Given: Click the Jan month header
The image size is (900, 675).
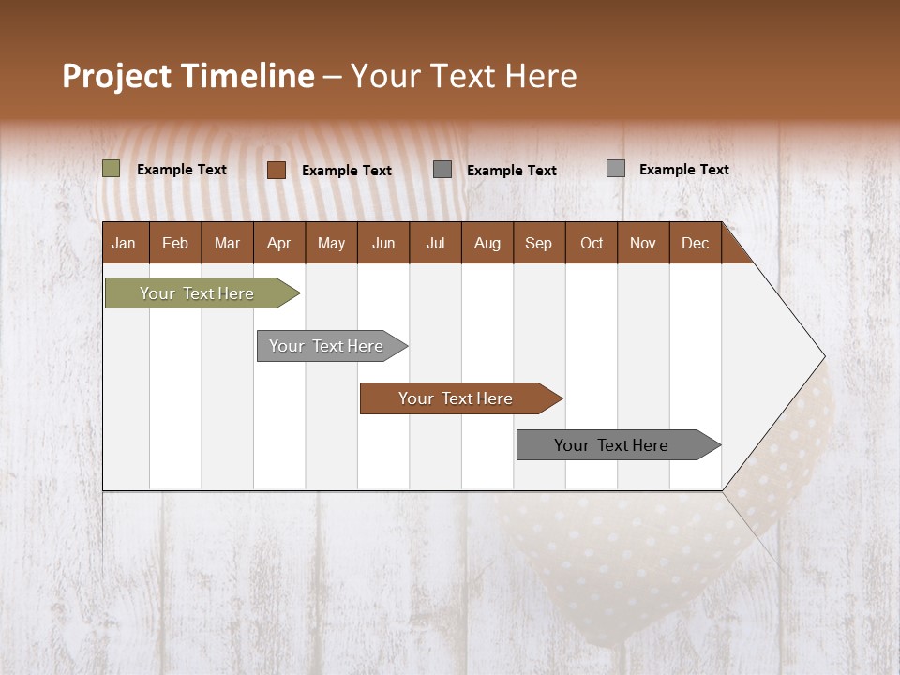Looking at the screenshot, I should [x=125, y=243].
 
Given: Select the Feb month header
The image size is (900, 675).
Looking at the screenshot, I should [x=175, y=243].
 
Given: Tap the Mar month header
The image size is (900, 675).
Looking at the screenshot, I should [x=227, y=243].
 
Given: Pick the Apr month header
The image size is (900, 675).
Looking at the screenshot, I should [x=279, y=243].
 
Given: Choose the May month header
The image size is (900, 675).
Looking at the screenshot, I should [x=331, y=243].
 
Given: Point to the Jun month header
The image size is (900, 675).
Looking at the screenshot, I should [x=383, y=243].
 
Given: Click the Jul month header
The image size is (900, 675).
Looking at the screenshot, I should [x=435, y=243].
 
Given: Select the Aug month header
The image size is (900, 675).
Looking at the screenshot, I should [x=487, y=243].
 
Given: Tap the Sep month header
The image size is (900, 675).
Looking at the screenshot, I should [x=539, y=243].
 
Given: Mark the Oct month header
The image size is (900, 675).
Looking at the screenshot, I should [x=592, y=243].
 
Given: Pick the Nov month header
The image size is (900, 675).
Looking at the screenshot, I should [x=643, y=243].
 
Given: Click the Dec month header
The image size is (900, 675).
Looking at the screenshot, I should [x=696, y=243].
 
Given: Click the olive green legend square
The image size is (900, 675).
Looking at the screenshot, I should [x=112, y=169].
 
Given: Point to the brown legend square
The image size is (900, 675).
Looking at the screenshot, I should [x=277, y=170].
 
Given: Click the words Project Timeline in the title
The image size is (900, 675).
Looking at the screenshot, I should [x=188, y=76].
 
